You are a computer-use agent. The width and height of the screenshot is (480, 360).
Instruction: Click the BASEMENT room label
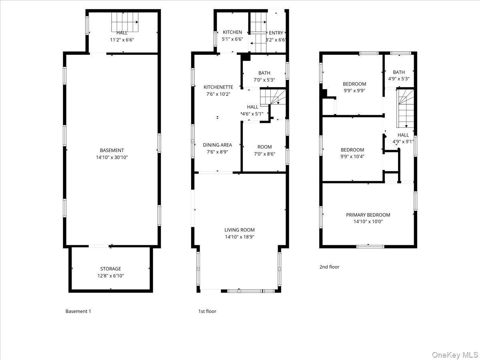click(112, 150)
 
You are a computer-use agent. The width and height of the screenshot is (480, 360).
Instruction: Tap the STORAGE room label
click(110, 269)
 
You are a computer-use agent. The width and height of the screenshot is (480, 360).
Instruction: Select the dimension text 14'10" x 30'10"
click(112, 157)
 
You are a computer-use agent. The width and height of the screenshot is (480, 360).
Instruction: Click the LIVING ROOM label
click(240, 230)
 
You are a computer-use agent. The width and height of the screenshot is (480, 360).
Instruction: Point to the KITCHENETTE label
click(218, 87)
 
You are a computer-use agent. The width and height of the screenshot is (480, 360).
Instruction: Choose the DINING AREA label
click(217, 145)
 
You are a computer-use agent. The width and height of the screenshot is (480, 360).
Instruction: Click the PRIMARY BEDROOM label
click(368, 215)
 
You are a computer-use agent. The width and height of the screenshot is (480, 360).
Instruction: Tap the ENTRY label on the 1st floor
click(276, 33)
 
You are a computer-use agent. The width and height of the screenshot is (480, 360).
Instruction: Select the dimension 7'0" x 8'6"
click(264, 154)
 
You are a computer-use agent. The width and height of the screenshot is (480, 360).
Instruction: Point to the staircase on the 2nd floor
click(405, 108)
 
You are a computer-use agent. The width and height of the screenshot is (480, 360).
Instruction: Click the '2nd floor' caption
click(329, 267)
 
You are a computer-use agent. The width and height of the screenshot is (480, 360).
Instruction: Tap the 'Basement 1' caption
click(78, 311)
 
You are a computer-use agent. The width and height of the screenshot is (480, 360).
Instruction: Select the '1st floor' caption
click(207, 311)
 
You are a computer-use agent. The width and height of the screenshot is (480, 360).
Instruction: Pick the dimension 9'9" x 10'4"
click(352, 157)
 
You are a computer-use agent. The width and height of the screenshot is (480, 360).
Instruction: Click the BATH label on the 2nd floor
click(399, 72)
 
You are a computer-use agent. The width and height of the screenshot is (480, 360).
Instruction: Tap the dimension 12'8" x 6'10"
click(110, 276)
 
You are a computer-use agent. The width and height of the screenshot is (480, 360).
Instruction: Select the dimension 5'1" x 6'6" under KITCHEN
click(232, 39)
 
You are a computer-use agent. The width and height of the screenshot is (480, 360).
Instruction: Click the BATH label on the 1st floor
click(264, 73)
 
